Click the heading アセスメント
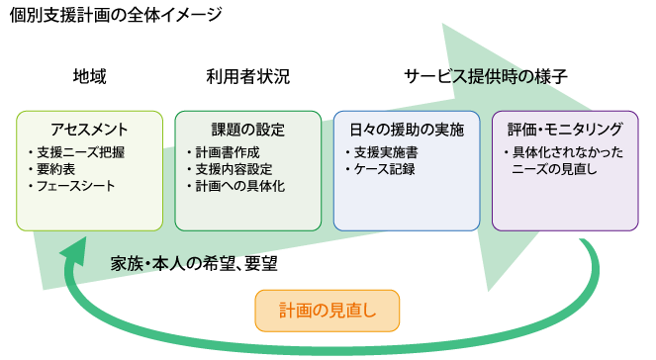tap(89, 129)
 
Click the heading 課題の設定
tap(247, 129)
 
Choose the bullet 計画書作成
tap(231, 152)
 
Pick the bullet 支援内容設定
tap(237, 169)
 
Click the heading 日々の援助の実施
tap(407, 129)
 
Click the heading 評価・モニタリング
tap(565, 129)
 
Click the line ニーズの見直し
tap(552, 169)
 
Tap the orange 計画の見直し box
tap(328, 311)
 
